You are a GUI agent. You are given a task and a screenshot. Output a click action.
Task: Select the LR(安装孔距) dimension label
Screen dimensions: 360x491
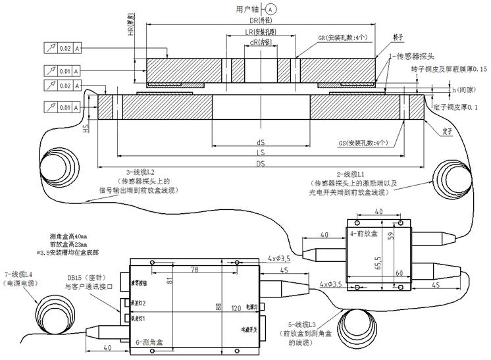pos(259,32)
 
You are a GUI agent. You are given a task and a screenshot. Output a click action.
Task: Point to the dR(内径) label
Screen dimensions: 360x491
pos(259,43)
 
